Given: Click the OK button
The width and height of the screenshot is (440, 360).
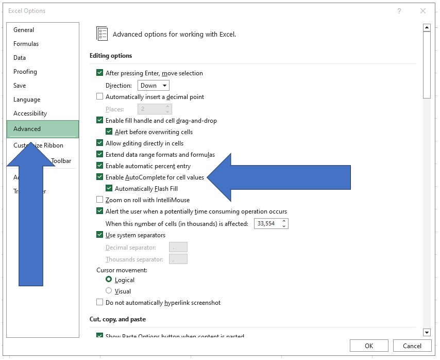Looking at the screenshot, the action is (x=368, y=346).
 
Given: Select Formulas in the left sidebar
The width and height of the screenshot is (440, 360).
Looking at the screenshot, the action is (x=26, y=44).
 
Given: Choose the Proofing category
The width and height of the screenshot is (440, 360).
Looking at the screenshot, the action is (x=25, y=72).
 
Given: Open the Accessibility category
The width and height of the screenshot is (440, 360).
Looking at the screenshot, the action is (x=30, y=113).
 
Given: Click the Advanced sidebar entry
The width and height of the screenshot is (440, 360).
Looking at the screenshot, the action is (x=27, y=129).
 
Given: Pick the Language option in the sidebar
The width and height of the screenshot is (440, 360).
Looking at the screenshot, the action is (x=27, y=100).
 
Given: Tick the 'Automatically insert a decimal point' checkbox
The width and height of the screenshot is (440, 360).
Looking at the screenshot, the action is (x=100, y=96).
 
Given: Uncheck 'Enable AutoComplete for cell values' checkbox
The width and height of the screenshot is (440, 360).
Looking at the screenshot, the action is (x=100, y=177).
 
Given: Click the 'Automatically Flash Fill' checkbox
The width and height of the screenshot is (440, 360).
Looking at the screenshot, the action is (x=109, y=188).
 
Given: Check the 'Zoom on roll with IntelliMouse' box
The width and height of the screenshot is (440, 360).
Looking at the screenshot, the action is (x=100, y=200).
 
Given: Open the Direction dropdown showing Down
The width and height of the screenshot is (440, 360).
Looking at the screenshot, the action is (x=154, y=86).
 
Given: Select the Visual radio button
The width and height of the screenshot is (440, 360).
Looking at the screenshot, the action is (x=109, y=291).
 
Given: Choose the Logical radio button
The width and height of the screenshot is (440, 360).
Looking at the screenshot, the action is (x=109, y=280).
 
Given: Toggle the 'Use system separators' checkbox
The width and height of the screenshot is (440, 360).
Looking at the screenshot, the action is (x=100, y=235).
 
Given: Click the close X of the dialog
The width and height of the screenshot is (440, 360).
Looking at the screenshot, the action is (x=423, y=11).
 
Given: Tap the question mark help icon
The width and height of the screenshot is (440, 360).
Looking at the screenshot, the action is (x=399, y=11).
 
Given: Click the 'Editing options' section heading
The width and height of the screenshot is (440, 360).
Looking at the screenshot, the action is (x=111, y=56).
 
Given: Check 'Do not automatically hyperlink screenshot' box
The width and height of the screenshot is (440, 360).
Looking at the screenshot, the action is (x=100, y=302).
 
